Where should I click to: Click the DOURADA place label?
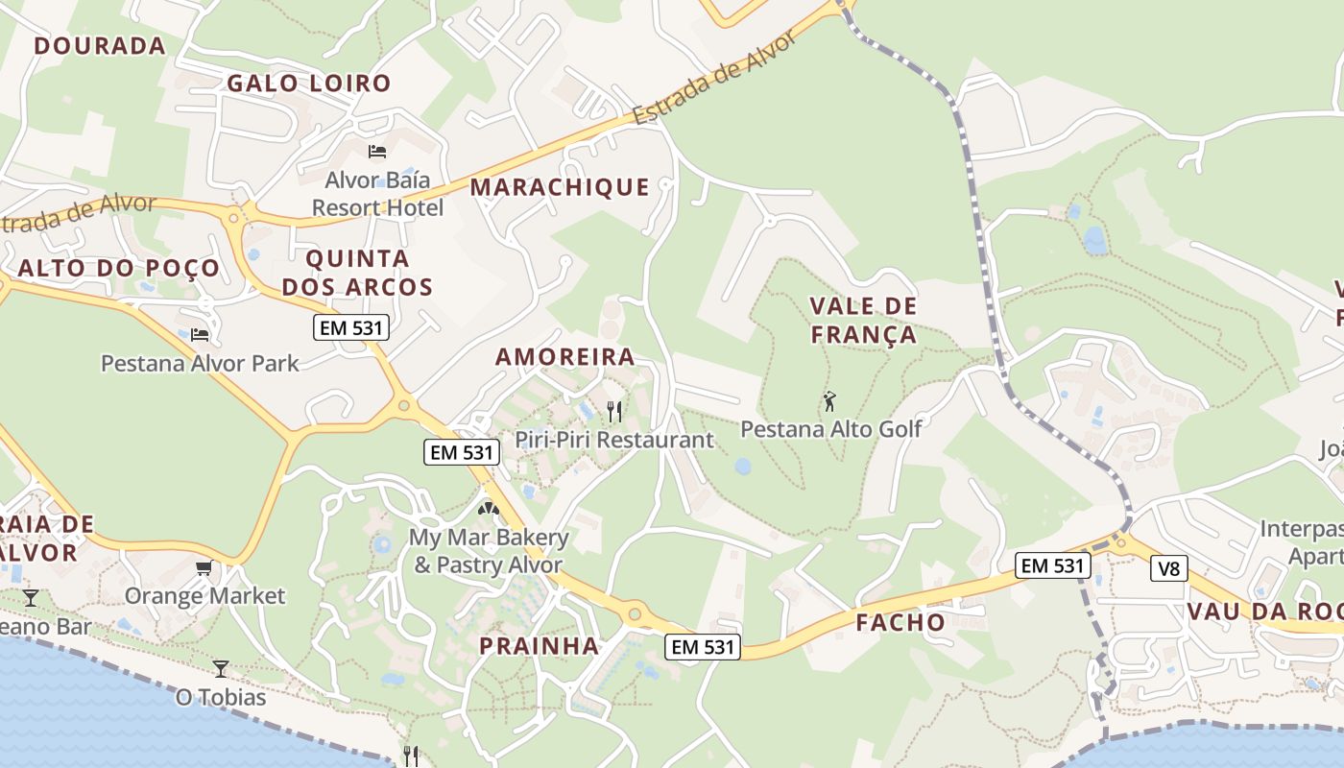(x=100, y=45)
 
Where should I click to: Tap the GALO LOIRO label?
(x=309, y=84)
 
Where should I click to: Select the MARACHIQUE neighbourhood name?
(x=560, y=187)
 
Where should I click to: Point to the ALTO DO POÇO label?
(x=119, y=269)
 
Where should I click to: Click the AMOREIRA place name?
(x=565, y=357)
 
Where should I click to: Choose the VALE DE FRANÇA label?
(x=864, y=321)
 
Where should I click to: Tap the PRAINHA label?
(x=540, y=646)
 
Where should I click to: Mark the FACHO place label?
(x=900, y=622)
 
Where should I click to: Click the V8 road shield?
(x=1168, y=569)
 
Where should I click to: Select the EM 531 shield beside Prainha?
(x=704, y=647)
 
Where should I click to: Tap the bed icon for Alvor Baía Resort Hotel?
(x=377, y=152)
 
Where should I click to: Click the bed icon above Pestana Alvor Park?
(x=200, y=335)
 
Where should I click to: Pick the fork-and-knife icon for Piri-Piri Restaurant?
(x=614, y=412)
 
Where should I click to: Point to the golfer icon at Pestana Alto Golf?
(x=830, y=401)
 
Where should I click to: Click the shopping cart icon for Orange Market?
(x=204, y=568)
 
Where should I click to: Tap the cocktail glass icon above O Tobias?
(x=221, y=668)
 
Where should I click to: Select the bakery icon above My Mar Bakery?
(x=489, y=509)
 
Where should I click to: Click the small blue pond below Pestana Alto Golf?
(x=742, y=467)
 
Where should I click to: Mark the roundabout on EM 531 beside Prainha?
(x=634, y=613)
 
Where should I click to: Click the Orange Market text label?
(x=204, y=596)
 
